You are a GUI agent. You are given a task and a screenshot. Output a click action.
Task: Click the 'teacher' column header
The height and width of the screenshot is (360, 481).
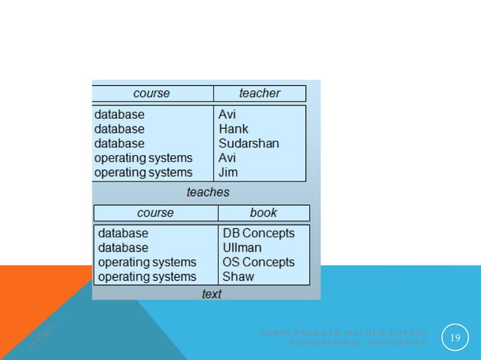pos(259,93)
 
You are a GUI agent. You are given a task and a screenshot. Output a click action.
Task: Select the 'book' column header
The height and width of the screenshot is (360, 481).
pos(263,212)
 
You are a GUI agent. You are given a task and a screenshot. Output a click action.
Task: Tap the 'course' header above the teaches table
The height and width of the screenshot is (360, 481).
pos(152,93)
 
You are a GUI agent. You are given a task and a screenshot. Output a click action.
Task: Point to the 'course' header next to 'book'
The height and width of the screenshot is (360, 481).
pos(155,212)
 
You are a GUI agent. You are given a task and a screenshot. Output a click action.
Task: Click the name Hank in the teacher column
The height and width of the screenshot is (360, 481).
pos(233,129)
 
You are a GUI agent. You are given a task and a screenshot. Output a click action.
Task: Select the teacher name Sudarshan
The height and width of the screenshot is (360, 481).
pos(249,143)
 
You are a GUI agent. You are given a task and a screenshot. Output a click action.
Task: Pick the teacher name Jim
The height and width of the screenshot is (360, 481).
pos(228,172)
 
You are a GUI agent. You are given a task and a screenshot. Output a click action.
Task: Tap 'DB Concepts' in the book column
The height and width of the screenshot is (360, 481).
pos(258,233)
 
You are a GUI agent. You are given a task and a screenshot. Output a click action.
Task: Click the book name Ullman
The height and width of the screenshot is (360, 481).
pos(242,247)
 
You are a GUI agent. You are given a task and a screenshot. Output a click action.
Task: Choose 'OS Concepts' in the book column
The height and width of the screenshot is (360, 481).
pos(258,261)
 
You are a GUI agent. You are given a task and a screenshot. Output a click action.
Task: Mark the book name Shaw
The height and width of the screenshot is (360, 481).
pos(238,276)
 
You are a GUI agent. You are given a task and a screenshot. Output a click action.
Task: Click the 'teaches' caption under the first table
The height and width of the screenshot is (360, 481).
pos(208,192)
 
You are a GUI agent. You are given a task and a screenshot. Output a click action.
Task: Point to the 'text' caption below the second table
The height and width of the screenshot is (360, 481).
pos(211,294)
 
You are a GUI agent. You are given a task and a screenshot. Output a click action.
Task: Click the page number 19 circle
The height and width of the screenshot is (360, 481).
pos(455,337)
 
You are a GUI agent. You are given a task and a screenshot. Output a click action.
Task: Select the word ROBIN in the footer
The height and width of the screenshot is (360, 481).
pos(274,332)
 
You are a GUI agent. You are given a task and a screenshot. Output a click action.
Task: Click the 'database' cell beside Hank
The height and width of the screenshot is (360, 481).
pos(119,129)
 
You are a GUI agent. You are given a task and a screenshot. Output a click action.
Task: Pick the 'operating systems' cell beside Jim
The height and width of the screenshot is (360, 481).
pos(143,172)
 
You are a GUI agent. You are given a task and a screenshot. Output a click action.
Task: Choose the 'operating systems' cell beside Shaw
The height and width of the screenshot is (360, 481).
pos(147,276)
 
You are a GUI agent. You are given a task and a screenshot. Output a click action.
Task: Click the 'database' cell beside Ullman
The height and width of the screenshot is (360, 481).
pos(123,247)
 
